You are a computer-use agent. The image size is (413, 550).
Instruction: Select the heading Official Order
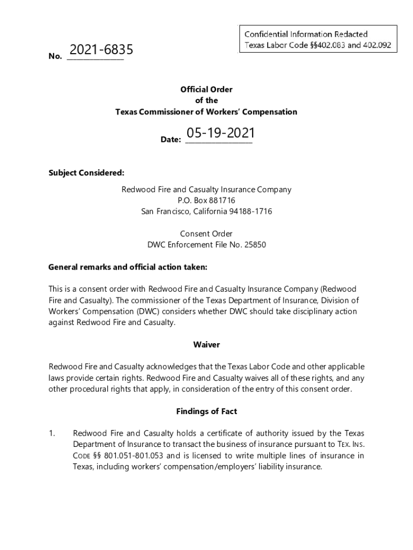click(x=206, y=90)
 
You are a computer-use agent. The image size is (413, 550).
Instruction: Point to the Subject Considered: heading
click(x=86, y=172)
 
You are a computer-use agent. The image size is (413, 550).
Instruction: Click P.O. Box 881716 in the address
click(x=206, y=200)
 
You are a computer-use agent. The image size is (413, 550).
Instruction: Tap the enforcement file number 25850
click(x=255, y=245)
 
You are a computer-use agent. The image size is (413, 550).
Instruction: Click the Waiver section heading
click(x=206, y=344)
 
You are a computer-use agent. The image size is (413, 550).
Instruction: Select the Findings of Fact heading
click(x=206, y=411)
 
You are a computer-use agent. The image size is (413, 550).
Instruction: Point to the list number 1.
click(x=52, y=433)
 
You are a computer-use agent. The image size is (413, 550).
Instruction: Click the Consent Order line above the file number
click(x=206, y=234)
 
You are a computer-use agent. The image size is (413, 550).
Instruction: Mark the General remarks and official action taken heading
click(x=128, y=267)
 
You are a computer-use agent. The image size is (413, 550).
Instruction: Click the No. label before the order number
click(x=55, y=56)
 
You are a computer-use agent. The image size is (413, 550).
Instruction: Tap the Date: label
click(x=171, y=140)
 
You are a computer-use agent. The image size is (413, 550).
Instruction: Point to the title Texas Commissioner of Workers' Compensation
click(x=206, y=112)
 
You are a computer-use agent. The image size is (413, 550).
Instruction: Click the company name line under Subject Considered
click(x=206, y=189)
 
